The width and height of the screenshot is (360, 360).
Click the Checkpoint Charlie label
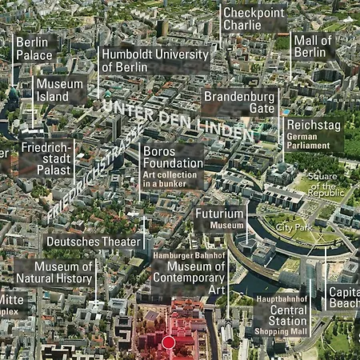click(254, 18)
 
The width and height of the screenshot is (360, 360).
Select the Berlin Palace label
click(34, 48)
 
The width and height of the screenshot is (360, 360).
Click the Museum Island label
click(59, 90)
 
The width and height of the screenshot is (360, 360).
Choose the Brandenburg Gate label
click(238, 102)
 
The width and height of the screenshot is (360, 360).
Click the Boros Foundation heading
click(172, 157)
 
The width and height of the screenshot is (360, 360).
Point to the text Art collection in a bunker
click(172, 178)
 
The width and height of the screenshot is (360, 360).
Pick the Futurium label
click(220, 214)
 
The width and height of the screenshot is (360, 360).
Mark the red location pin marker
click(168, 342)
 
